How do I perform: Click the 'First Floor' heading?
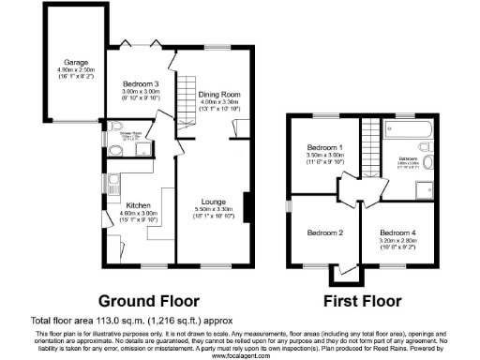click(362, 301)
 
